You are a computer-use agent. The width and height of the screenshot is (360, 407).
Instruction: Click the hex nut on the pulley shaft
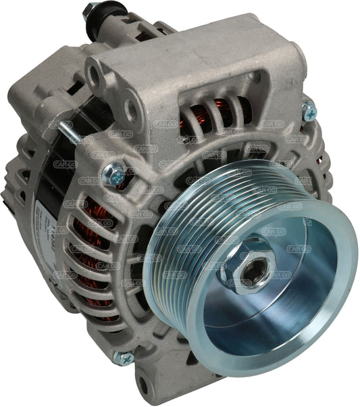[255, 257]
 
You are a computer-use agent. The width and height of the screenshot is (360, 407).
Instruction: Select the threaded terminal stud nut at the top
[90, 11]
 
